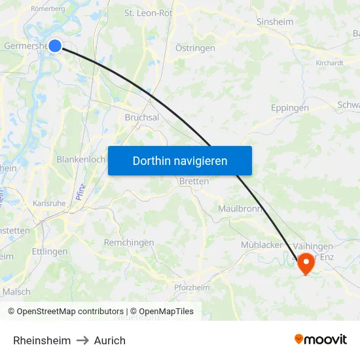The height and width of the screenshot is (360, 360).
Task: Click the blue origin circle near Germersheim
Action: (55, 46)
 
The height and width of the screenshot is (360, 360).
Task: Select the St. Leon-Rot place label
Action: (149, 12)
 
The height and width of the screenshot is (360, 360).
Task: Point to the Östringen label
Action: (195, 48)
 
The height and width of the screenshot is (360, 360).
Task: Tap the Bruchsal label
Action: (142, 117)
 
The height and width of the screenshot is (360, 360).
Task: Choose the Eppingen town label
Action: (289, 108)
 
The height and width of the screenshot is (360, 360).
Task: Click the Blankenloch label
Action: (81, 159)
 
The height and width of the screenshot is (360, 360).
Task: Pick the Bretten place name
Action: (194, 181)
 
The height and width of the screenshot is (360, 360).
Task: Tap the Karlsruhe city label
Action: (49, 204)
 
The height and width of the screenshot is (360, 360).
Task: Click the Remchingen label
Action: (129, 242)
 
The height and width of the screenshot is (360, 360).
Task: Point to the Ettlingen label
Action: (50, 251)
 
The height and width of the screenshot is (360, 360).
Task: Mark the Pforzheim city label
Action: (192, 287)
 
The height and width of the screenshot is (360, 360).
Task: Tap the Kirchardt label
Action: (329, 63)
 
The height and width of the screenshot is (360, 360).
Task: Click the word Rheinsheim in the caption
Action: (42, 340)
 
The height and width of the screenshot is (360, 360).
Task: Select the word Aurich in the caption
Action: (109, 340)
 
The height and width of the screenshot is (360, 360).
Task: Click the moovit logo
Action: (321, 339)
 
